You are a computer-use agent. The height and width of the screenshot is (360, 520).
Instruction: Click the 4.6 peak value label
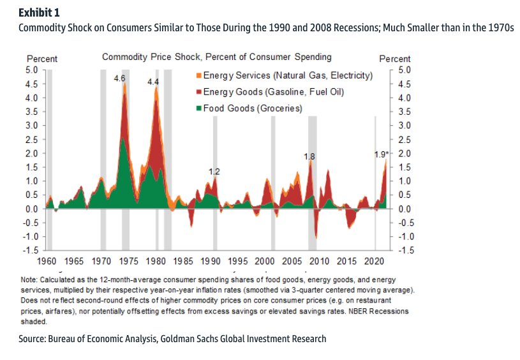pyautogui.click(x=119, y=79)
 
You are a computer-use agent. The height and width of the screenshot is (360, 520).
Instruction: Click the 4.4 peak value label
pyautogui.click(x=154, y=82)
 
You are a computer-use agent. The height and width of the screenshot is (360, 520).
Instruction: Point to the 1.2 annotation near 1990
pyautogui.click(x=214, y=171)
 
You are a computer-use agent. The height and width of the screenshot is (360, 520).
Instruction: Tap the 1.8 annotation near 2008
pyautogui.click(x=309, y=156)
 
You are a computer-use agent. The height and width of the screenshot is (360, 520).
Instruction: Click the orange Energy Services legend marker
pyautogui.click(x=200, y=76)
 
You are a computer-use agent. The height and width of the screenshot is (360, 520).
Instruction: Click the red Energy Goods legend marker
pyautogui.click(x=200, y=93)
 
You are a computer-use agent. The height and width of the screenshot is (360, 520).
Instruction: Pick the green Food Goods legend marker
pyautogui.click(x=200, y=109)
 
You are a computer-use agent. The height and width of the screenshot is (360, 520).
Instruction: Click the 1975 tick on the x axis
pyautogui.click(x=128, y=261)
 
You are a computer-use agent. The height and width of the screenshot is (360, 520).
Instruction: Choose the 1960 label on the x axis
pyautogui.click(x=47, y=261)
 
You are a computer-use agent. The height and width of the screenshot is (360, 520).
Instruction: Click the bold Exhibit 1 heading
pyautogui.click(x=36, y=13)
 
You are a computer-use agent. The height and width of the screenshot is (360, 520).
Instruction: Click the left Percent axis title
pyautogui.click(x=42, y=59)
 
